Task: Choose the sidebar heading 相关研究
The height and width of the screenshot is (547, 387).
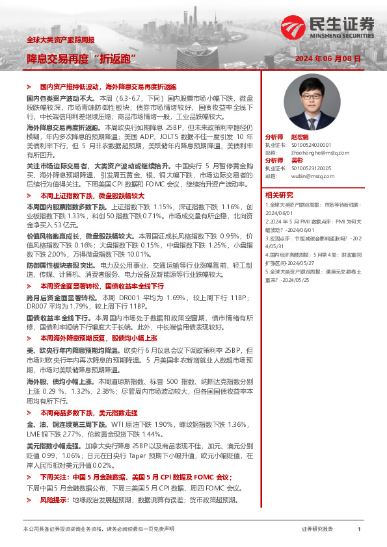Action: pos(278,195)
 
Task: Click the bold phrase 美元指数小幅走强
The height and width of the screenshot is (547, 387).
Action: pos(54,446)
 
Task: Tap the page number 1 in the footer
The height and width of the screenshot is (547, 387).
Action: pos(359,529)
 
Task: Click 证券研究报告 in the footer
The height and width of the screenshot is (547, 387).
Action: pos(317,529)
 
